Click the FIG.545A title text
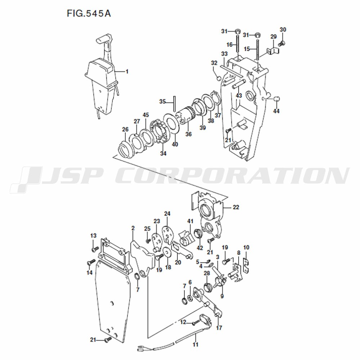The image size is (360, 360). click(x=89, y=13)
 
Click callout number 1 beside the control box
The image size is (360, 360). click(x=127, y=72)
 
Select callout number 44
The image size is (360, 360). click(x=276, y=111)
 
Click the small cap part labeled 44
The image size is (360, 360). click(x=276, y=99)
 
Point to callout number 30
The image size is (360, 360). click(x=283, y=30)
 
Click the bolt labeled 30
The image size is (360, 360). click(x=282, y=43)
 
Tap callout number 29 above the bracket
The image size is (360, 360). click(x=273, y=36)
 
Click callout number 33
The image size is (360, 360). click(x=224, y=54)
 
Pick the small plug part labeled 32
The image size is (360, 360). click(x=219, y=79)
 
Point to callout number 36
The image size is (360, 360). click(x=189, y=134)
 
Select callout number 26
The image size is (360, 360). click(x=125, y=129)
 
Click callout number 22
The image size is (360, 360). click(x=236, y=207)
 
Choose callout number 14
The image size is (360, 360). click(x=90, y=273)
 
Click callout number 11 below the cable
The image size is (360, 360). click(x=195, y=345)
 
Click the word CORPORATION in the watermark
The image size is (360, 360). click(x=232, y=176)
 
